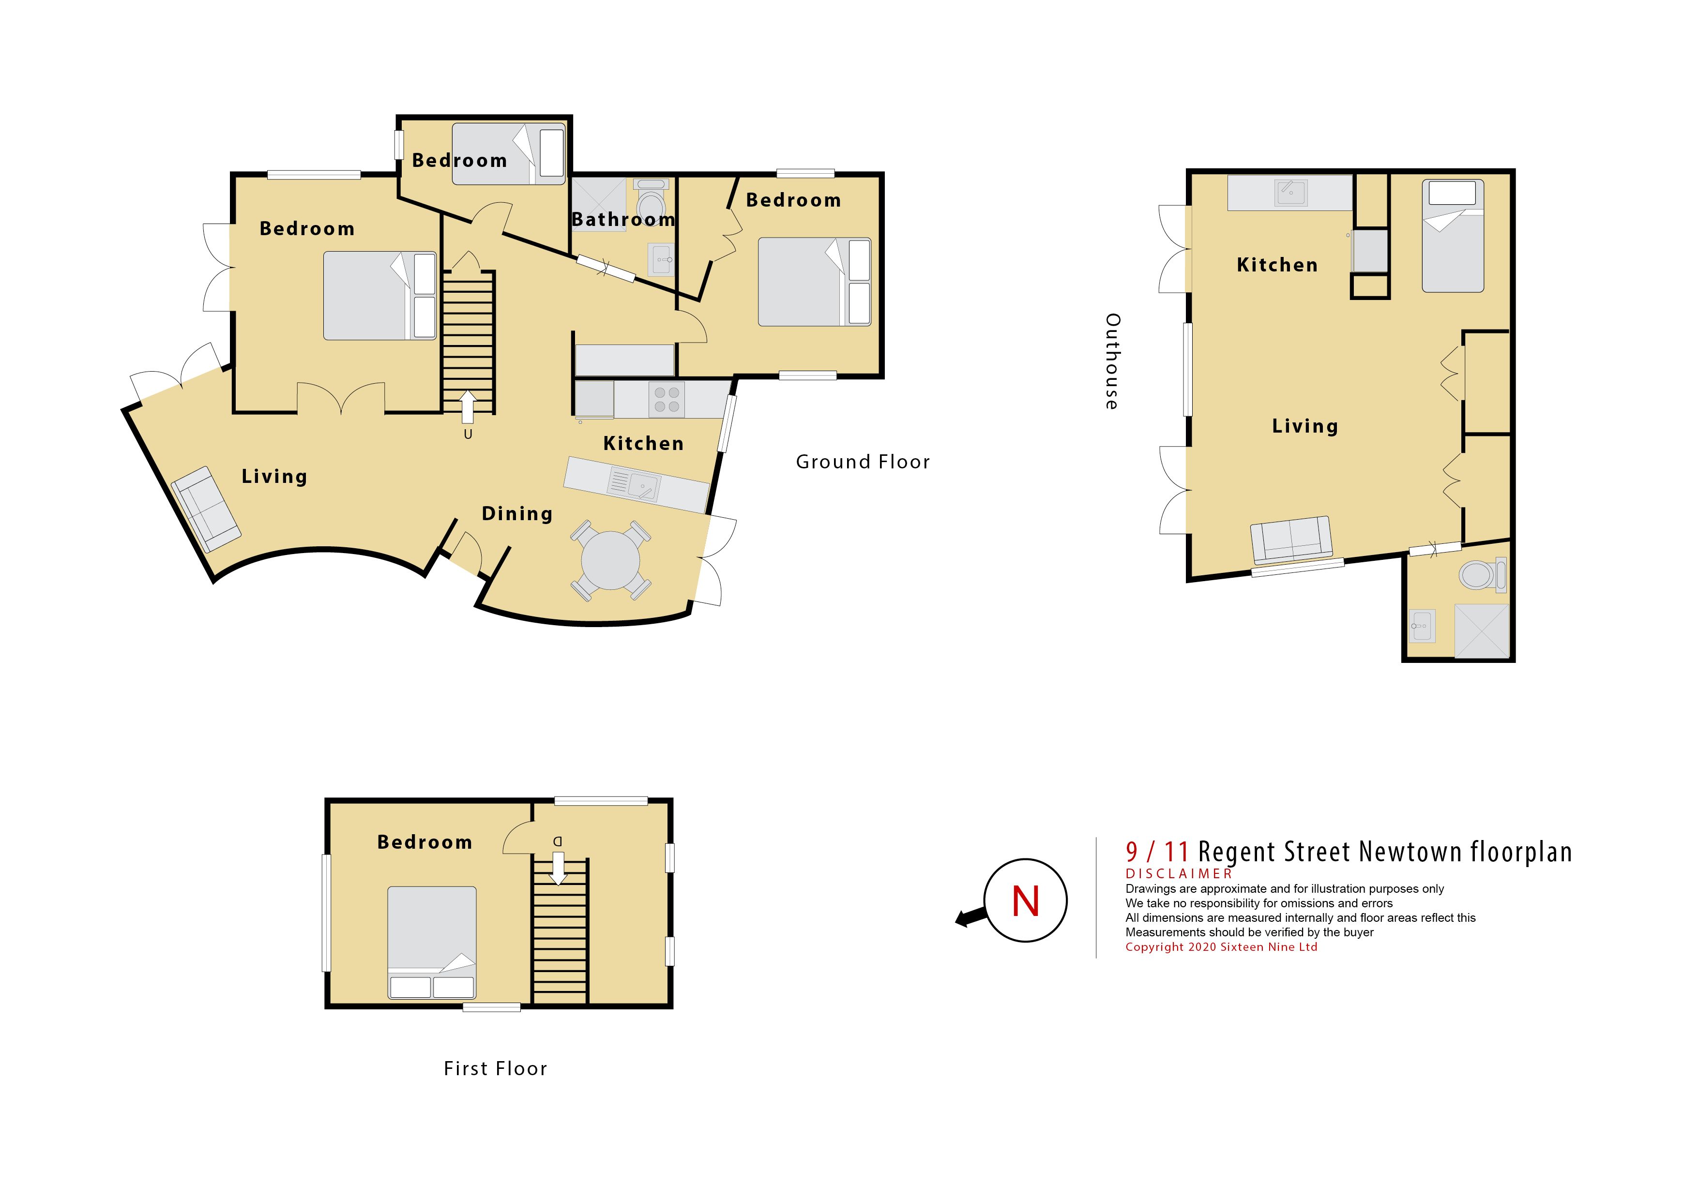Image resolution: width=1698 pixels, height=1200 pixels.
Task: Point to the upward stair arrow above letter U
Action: [468, 406]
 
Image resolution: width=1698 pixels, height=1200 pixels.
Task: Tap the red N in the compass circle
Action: [1026, 901]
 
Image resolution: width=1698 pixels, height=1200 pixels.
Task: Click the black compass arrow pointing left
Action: [971, 917]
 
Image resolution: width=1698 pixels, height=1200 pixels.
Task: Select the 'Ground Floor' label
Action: [863, 462]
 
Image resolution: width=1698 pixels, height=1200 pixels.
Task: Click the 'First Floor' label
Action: [496, 1068]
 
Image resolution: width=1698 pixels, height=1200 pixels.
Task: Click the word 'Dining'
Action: [517, 514]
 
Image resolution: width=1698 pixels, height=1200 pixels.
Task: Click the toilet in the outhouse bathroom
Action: [1483, 574]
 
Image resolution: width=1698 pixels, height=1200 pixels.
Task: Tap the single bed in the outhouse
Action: [1453, 236]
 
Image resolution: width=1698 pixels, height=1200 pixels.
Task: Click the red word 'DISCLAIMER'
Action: [1179, 874]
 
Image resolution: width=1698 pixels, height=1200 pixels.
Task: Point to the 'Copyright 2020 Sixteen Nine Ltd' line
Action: [1222, 947]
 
